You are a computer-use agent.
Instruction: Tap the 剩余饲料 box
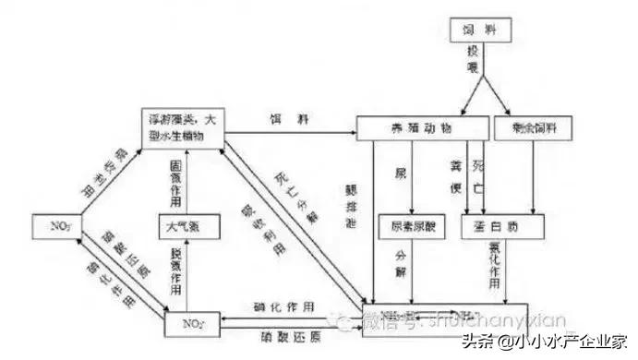coord(527,129)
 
